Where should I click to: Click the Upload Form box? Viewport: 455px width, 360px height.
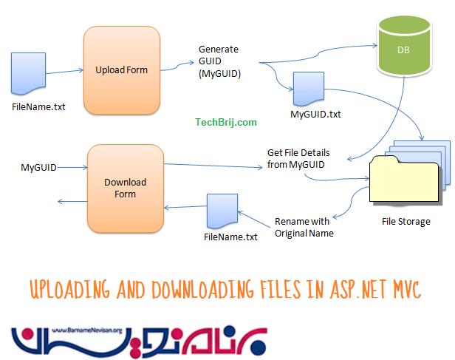click(x=121, y=70)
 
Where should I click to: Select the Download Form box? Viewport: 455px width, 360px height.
click(x=125, y=189)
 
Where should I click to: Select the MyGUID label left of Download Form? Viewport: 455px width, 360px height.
click(x=38, y=168)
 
